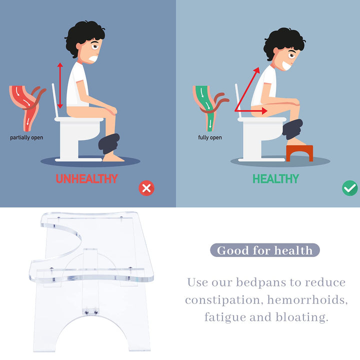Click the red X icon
point(146,188)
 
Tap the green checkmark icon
point(349,188)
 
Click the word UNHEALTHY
point(87,179)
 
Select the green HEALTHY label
point(275,179)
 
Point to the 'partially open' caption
point(26,137)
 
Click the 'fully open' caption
point(210,137)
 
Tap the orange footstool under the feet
point(299,153)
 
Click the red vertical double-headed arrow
point(60,85)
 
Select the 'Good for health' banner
point(265,250)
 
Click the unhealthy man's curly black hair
point(84,36)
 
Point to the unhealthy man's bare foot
point(113,157)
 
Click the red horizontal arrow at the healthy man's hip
point(251,111)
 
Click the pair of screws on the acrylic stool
point(91,312)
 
